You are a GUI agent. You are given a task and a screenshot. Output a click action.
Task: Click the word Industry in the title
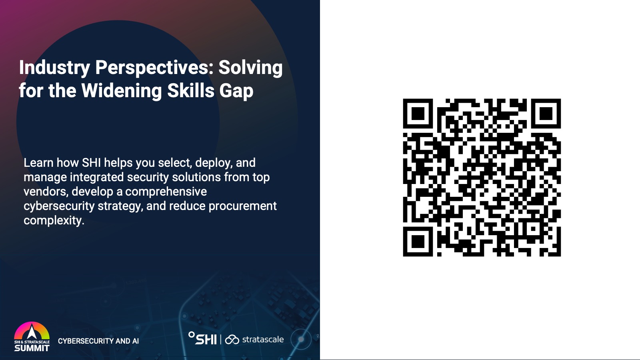click(x=54, y=68)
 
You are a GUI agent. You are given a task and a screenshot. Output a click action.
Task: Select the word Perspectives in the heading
click(x=154, y=68)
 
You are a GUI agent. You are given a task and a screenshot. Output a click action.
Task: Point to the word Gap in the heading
click(x=236, y=91)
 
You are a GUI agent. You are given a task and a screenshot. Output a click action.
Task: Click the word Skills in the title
click(x=191, y=90)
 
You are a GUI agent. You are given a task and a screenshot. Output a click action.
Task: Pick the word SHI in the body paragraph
click(x=92, y=162)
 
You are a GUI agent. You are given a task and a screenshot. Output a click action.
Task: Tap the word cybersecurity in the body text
click(x=59, y=206)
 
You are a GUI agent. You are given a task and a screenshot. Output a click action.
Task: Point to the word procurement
click(x=243, y=206)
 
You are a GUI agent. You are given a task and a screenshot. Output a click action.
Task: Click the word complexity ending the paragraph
click(x=54, y=221)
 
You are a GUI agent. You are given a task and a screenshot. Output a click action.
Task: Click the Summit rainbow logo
click(x=32, y=336)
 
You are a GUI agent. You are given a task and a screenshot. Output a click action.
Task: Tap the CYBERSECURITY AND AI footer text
click(x=98, y=341)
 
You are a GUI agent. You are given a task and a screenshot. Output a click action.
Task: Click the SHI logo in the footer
click(x=202, y=338)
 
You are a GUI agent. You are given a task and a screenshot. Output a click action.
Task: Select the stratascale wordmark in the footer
click(x=263, y=340)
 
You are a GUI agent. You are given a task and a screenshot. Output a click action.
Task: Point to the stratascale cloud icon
click(x=232, y=340)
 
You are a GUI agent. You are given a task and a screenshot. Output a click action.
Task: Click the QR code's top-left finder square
click(x=418, y=114)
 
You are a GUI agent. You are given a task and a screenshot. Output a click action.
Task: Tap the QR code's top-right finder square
click(x=546, y=114)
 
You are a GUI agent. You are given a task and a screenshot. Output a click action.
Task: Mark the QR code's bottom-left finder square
click(x=418, y=242)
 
